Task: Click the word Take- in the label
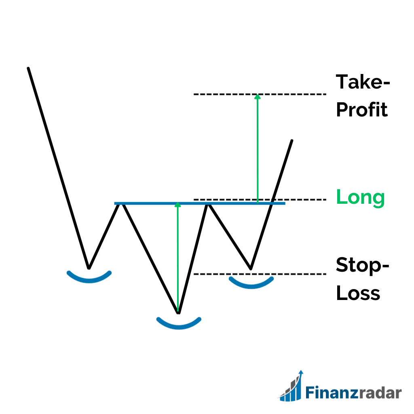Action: (363, 82)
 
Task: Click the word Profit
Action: (362, 110)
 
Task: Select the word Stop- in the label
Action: (363, 265)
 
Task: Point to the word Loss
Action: (358, 293)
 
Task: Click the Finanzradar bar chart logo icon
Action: (291, 386)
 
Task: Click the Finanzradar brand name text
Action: (353, 392)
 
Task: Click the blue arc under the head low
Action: (179, 327)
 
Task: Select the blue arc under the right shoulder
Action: (251, 287)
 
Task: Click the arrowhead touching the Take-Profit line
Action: (258, 97)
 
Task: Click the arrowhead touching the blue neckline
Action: (178, 205)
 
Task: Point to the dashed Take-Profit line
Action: (260, 94)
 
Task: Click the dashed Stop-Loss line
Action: (260, 274)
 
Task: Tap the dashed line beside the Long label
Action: (260, 200)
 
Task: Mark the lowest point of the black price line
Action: (178, 313)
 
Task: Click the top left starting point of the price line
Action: (28, 68)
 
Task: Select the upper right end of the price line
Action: (292, 140)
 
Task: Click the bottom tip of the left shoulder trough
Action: (89, 268)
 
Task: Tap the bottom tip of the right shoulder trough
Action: (251, 269)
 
